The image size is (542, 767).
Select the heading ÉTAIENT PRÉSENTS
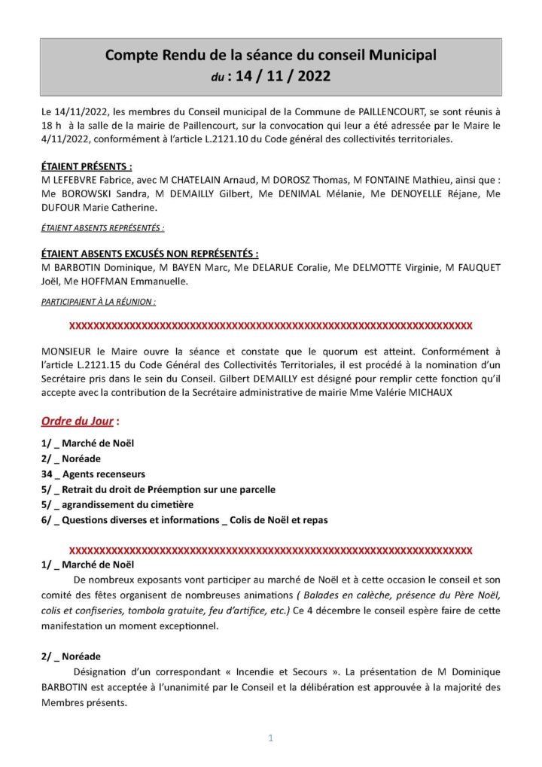point(87,166)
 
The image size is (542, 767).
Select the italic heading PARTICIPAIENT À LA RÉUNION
point(99,301)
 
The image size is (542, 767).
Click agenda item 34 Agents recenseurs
point(93,474)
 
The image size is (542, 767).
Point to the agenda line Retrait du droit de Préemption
point(158,489)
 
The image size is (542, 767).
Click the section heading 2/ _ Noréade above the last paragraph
point(71,656)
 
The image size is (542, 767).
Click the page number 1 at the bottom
point(270,738)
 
